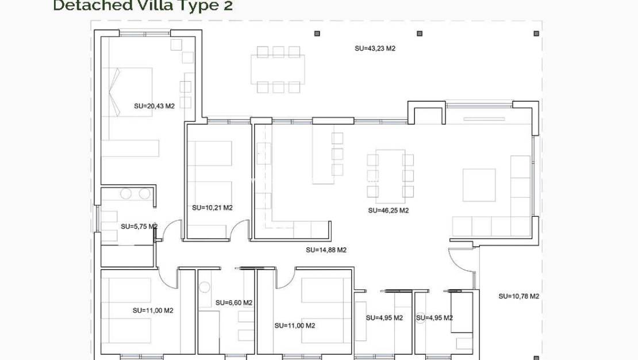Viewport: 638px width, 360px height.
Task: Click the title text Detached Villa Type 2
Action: click(x=143, y=6)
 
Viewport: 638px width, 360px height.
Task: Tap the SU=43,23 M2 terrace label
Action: click(x=375, y=49)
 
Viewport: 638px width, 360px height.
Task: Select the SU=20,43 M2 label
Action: click(x=154, y=106)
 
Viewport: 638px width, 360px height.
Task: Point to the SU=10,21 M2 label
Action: click(x=212, y=208)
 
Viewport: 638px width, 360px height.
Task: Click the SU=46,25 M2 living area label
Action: click(x=388, y=210)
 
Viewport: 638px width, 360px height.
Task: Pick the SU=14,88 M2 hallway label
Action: click(x=326, y=250)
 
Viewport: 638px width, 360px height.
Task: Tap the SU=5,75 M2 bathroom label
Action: click(x=139, y=227)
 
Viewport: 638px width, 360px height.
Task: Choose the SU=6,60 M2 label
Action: click(x=234, y=302)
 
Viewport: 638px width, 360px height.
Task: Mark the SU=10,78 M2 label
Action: click(x=518, y=296)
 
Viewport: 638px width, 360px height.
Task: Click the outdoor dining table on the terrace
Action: click(x=278, y=70)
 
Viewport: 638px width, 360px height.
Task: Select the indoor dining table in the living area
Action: click(x=390, y=176)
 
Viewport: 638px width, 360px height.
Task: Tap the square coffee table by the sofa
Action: click(x=479, y=185)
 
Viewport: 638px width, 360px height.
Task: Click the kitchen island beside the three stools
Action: click(x=322, y=154)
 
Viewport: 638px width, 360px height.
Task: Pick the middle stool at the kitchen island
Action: click(x=337, y=154)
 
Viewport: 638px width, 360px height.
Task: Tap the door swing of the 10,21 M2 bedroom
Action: click(x=240, y=231)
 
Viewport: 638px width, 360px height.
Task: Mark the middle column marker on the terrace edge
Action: click(x=420, y=33)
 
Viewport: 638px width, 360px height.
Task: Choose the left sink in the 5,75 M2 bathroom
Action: click(x=126, y=194)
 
